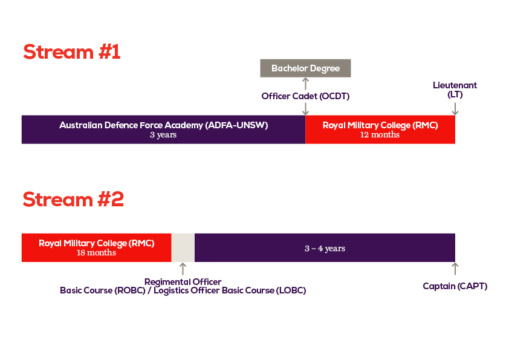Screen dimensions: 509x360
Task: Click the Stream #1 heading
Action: [72, 52]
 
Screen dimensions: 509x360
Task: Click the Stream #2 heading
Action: [73, 199]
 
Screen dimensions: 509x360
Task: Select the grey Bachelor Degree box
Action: [305, 68]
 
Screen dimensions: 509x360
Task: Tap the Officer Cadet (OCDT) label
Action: [305, 96]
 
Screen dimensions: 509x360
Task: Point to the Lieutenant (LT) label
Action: [455, 90]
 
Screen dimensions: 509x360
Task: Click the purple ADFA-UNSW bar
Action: [164, 129]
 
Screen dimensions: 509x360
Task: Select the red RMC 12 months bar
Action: [380, 129]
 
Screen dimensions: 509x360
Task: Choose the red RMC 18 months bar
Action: [96, 247]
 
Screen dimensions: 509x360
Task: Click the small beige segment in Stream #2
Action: [183, 247]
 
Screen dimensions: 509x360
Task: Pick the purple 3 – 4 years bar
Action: [325, 247]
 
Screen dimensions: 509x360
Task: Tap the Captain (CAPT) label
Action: [455, 286]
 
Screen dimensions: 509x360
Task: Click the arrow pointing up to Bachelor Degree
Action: [305, 83]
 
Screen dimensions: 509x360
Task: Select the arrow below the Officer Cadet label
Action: [305, 109]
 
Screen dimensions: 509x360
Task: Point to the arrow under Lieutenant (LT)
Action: [455, 109]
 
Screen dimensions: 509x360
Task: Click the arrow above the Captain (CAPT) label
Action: [455, 269]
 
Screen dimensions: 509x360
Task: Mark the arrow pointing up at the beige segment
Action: [183, 269]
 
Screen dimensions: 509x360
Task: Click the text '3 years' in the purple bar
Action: [163, 135]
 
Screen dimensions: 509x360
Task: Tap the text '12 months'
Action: [380, 135]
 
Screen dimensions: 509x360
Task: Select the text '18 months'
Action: [96, 253]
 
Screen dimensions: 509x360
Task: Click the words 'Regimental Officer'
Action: [183, 282]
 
